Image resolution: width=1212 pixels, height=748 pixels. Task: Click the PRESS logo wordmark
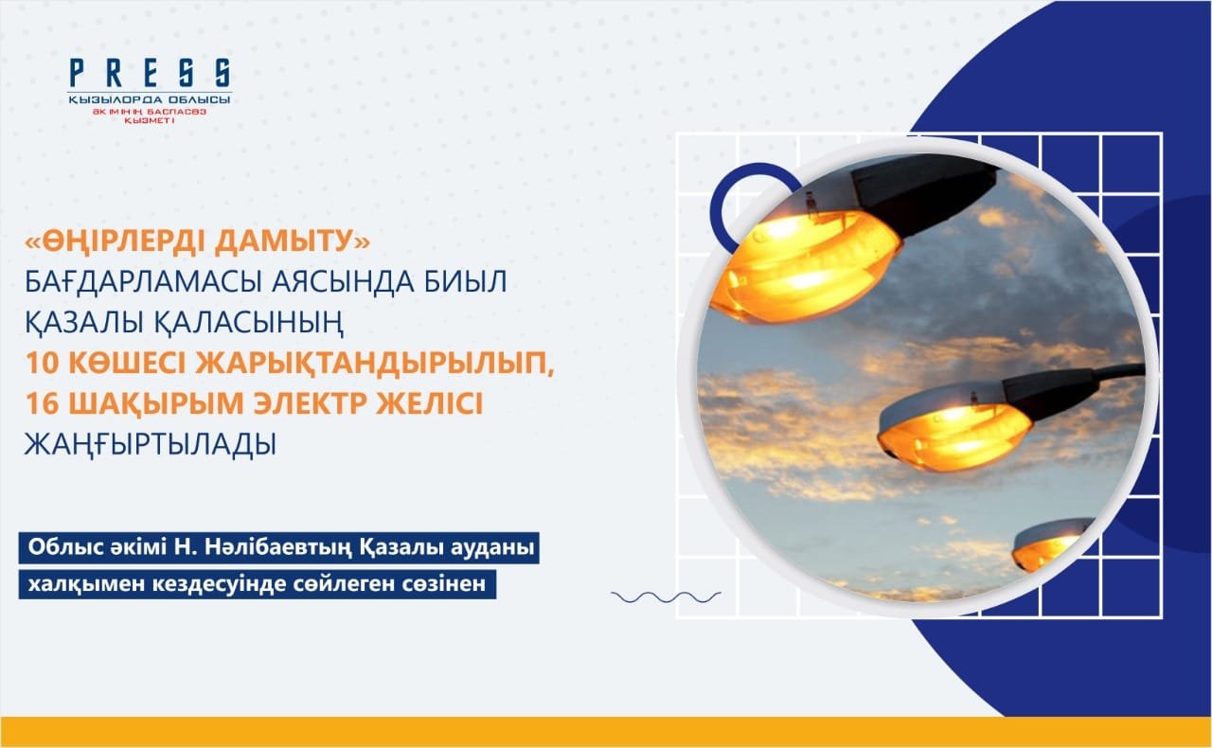[151, 74]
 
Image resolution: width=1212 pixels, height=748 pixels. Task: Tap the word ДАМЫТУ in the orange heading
[293, 241]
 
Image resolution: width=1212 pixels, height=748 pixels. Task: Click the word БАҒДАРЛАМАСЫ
[145, 282]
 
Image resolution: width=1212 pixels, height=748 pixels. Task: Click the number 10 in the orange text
[42, 364]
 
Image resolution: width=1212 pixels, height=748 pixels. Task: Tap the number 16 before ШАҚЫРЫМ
[42, 403]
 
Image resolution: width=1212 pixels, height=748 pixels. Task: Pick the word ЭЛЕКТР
[312, 403]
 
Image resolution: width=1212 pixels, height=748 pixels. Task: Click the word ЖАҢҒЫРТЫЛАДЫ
[151, 445]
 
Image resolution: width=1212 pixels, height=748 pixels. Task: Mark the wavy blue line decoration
[666, 597]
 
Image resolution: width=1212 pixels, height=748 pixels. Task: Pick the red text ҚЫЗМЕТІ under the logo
[150, 120]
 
